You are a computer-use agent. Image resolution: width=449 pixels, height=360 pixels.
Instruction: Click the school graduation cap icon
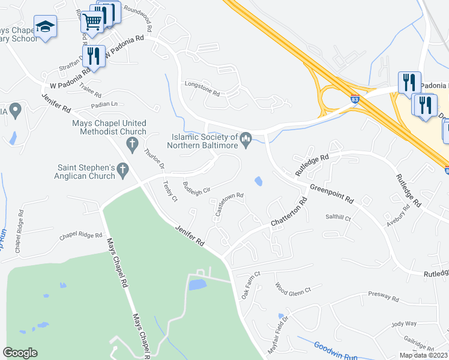tap(45, 26)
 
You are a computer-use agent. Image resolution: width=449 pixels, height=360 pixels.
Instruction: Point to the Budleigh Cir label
tap(196, 187)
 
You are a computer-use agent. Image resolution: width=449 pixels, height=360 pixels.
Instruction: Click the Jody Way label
tap(403, 324)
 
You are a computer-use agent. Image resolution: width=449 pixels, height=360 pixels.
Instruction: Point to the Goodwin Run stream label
tap(336, 351)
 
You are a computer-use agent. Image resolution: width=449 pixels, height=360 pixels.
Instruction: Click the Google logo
tap(20, 353)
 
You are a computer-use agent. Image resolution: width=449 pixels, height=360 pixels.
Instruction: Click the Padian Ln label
tap(88, 103)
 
